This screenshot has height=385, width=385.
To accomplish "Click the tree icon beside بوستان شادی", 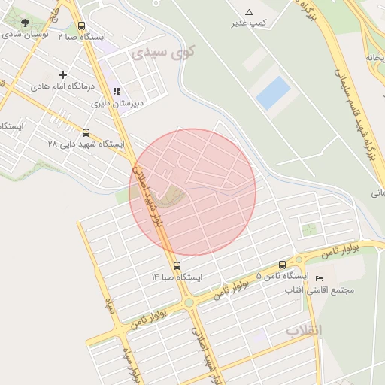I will [x=26, y=23].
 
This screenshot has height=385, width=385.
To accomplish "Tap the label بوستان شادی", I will [x=26, y=35].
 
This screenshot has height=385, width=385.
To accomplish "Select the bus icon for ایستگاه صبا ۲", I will [x=81, y=26].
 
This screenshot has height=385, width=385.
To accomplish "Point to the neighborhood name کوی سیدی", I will [x=162, y=53].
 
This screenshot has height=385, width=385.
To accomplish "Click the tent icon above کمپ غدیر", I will [x=250, y=12].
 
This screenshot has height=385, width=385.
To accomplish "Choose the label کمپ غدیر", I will [x=250, y=24].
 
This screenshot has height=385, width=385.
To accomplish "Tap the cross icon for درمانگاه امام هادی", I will [x=62, y=74].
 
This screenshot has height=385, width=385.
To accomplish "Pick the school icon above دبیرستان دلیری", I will [x=117, y=91].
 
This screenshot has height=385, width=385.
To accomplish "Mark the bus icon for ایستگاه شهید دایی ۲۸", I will [x=85, y=132].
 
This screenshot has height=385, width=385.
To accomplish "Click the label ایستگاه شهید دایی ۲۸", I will [x=85, y=143].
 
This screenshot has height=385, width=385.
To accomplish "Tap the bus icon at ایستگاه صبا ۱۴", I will [x=177, y=265].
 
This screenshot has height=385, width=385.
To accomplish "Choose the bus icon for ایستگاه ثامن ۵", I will [x=282, y=265].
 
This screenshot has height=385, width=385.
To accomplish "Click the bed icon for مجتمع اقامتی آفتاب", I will [x=319, y=279].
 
